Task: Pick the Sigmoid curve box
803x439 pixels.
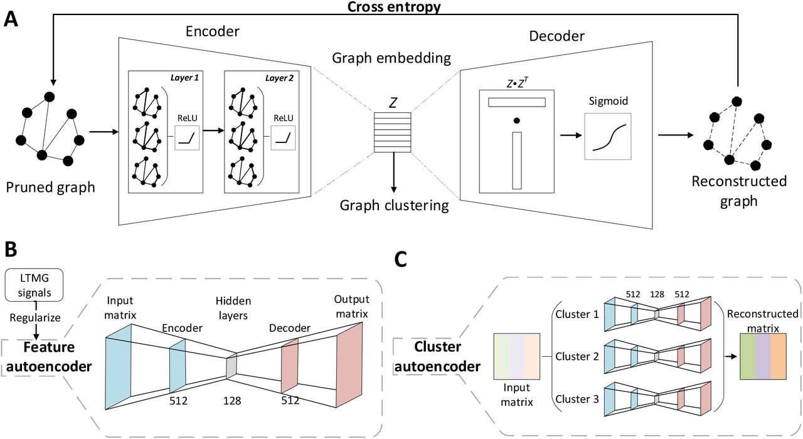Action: pyautogui.click(x=607, y=136)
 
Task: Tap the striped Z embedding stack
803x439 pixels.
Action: pyautogui.click(x=393, y=132)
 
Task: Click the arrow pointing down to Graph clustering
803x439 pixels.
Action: pyautogui.click(x=393, y=172)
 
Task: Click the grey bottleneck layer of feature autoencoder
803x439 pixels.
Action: pyautogui.click(x=231, y=367)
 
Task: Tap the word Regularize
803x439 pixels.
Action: pyautogui.click(x=35, y=317)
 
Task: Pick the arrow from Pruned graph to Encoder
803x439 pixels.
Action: pyautogui.click(x=104, y=132)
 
